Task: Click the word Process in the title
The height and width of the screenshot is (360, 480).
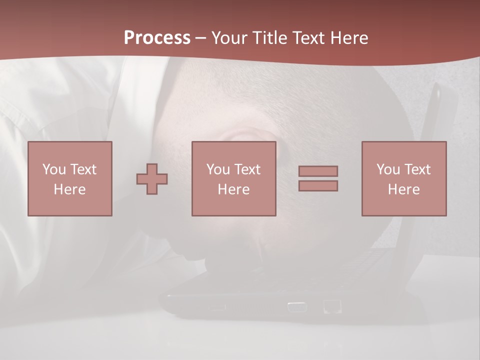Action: pos(157,38)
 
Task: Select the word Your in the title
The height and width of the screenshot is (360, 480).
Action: pos(229,38)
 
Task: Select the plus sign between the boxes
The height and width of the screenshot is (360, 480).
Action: pos(152,179)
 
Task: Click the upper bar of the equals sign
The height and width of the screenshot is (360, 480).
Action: pos(318,171)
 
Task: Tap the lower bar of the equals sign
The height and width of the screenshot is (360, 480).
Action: pos(318,186)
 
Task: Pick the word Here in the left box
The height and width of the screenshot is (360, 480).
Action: pos(69,189)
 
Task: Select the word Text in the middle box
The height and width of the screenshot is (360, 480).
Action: pos(247,169)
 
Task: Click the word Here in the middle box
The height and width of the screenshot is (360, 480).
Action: pos(233,189)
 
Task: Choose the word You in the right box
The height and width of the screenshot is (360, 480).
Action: pos(388,169)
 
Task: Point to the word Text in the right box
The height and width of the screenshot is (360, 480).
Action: pos(417,169)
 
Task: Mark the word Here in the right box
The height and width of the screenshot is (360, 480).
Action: pos(403,189)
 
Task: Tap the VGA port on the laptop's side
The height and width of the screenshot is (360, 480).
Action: pos(297,306)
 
